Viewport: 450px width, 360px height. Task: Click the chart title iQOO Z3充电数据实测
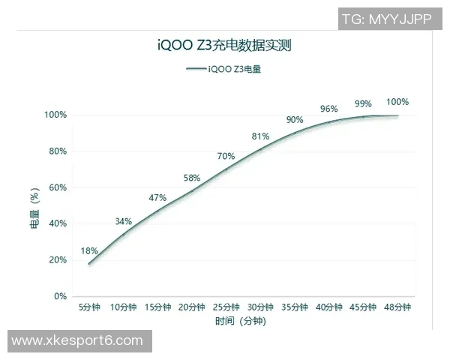coord(223,46)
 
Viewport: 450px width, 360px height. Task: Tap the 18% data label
coord(89,250)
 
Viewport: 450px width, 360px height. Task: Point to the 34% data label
coord(124,221)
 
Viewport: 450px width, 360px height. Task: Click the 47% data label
coord(157,198)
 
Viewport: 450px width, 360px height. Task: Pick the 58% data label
coord(192,178)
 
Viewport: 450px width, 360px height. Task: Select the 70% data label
coord(226,156)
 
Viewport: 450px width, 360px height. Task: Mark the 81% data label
coord(260,136)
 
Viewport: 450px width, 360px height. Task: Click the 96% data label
coord(328,109)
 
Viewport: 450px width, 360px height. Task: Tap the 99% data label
coord(363,103)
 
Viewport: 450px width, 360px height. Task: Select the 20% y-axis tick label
coord(58,260)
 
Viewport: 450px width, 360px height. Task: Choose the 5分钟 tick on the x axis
coord(89,307)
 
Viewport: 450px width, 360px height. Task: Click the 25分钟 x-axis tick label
coord(226,307)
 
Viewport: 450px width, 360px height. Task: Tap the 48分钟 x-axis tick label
coord(397,307)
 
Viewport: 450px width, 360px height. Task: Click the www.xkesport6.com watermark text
coord(77,340)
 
